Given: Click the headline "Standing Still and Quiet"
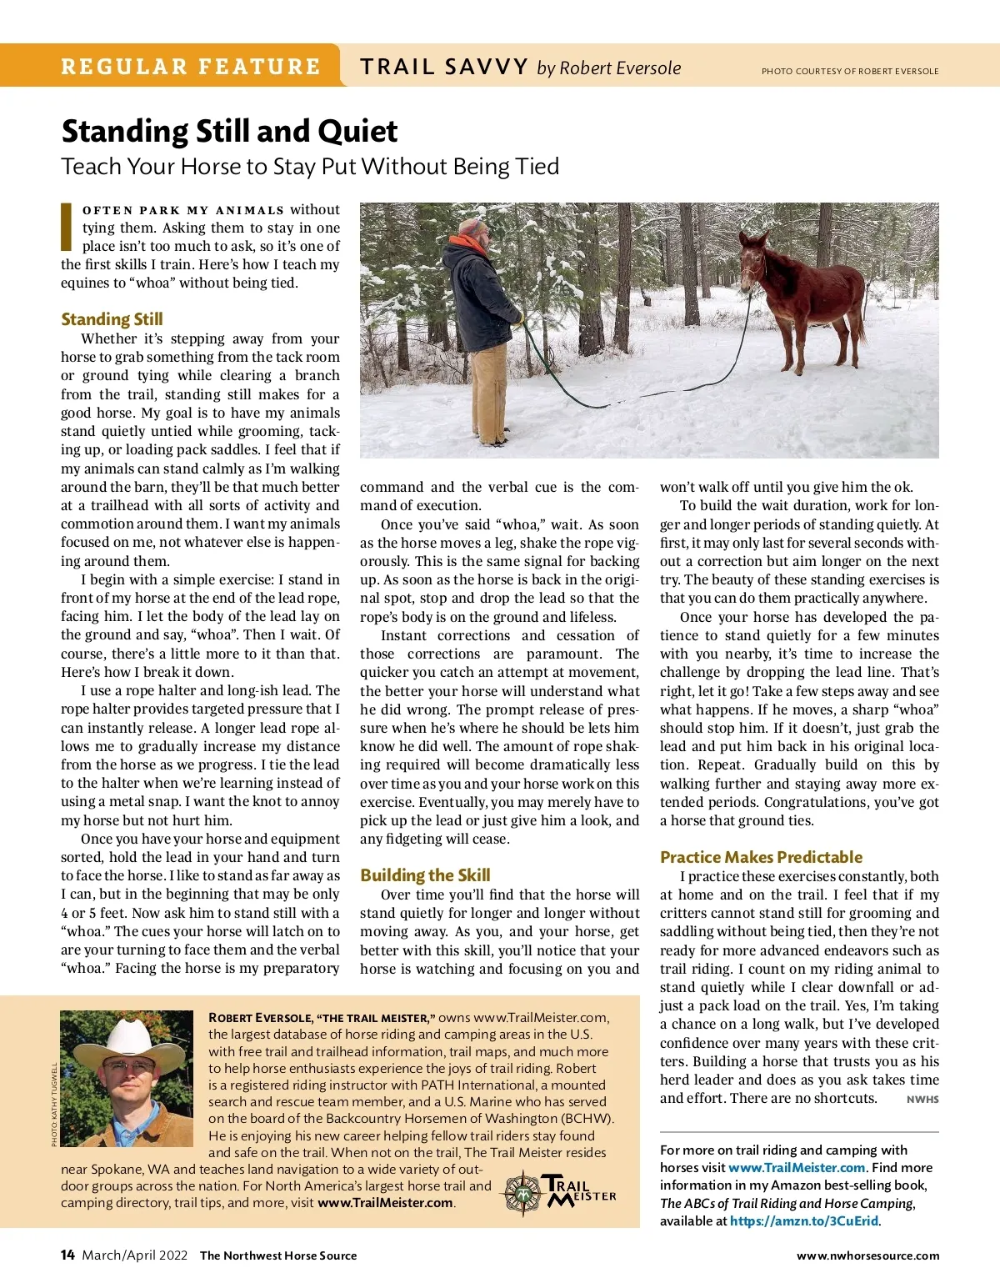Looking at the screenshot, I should click(x=229, y=132).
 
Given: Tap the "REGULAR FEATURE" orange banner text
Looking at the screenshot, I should click(x=190, y=67).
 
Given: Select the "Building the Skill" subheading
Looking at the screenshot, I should click(x=425, y=875).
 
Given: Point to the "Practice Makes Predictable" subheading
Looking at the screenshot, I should click(x=761, y=856).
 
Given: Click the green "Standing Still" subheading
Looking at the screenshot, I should click(x=112, y=318).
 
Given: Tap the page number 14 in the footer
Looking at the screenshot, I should click(x=67, y=1255).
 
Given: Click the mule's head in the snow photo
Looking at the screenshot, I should click(x=753, y=255).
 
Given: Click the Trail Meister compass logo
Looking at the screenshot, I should click(x=523, y=1194).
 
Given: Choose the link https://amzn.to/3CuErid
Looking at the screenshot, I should click(x=804, y=1220).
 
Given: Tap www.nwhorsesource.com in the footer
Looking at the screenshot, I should click(x=867, y=1255).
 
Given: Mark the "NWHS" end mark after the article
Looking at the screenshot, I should click(x=922, y=1100).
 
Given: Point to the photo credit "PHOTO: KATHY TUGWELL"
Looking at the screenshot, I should click(x=54, y=1105).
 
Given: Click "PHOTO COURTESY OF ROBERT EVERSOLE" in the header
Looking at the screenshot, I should click(x=850, y=71).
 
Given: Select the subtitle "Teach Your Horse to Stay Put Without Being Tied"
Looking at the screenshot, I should click(x=310, y=167).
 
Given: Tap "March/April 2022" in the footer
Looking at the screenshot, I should click(x=135, y=1255).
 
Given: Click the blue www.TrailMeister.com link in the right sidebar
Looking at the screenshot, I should click(x=797, y=1167).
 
